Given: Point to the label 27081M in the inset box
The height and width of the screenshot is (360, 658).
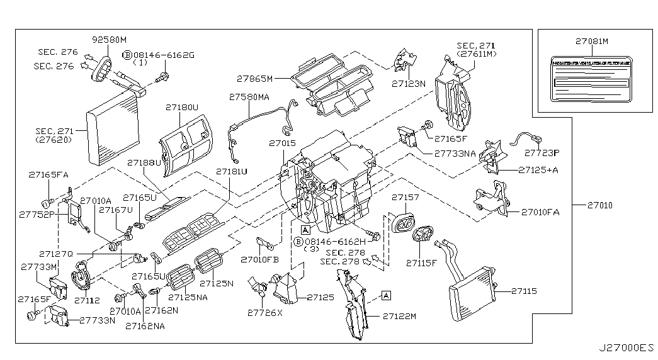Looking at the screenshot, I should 591,42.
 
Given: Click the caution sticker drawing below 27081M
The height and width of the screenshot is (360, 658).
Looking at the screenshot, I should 592,79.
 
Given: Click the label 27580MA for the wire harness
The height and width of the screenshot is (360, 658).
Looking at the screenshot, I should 249,98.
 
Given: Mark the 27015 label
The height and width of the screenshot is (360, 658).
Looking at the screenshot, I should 281,143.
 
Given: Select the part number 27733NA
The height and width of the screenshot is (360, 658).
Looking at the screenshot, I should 454,153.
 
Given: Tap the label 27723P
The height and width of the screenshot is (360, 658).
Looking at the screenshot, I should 542,152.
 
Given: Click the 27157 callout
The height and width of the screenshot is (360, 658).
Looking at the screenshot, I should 405,198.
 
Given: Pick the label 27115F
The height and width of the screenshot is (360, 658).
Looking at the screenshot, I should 421,262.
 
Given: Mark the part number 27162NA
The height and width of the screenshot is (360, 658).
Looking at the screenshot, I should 145,326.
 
